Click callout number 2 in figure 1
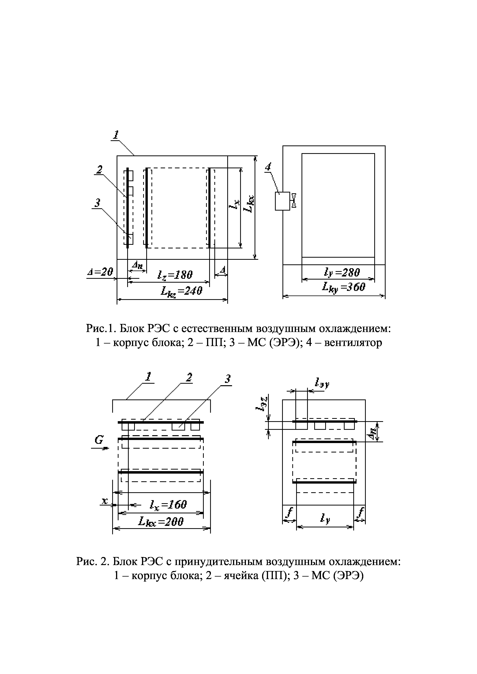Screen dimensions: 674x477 click(x=100, y=169)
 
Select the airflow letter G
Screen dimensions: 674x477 click(x=99, y=440)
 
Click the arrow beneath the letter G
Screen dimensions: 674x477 click(x=100, y=448)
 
